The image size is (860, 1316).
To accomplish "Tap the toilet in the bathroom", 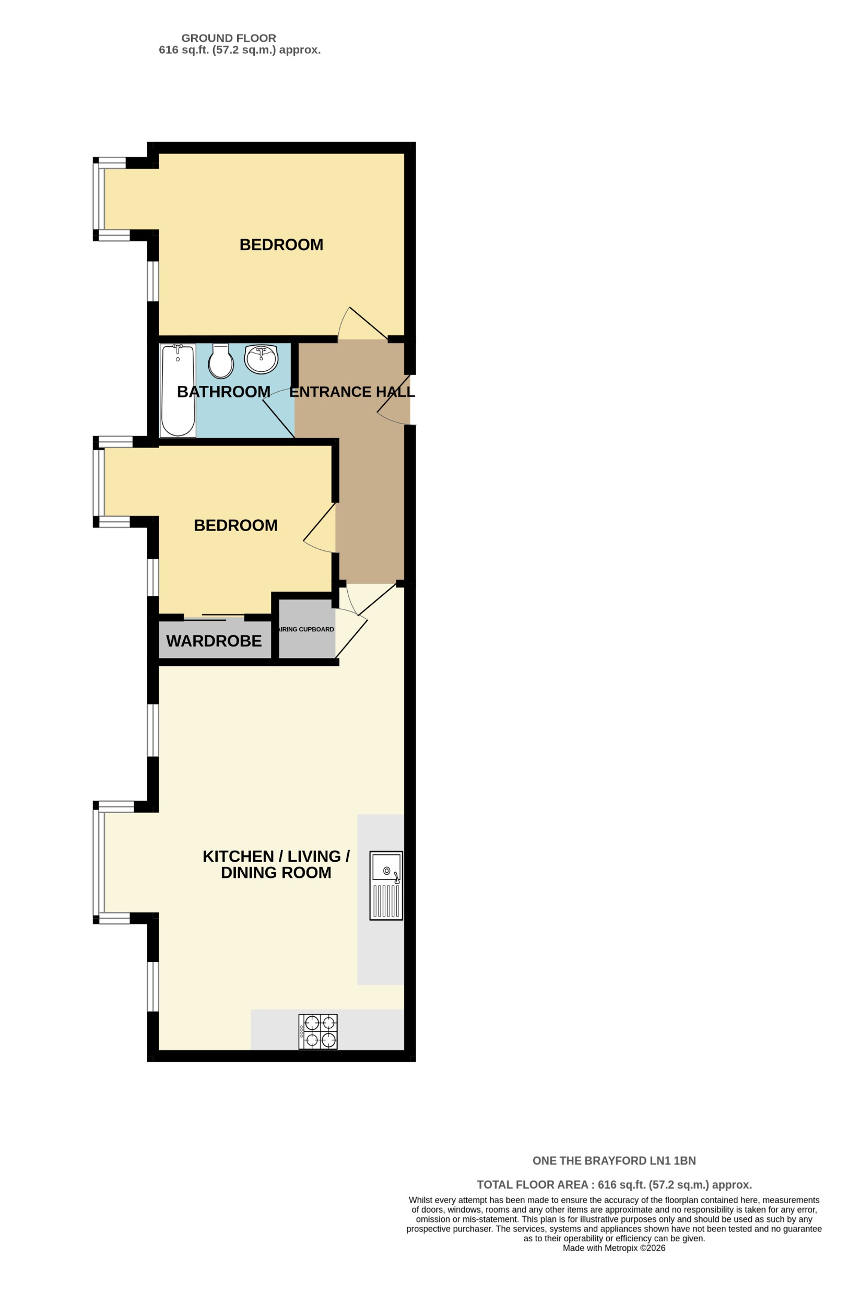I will pyautogui.click(x=220, y=360).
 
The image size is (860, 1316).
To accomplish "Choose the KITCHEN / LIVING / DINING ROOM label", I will pyautogui.click(x=275, y=866).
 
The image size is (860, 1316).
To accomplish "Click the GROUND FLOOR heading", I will pyautogui.click(x=228, y=38).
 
